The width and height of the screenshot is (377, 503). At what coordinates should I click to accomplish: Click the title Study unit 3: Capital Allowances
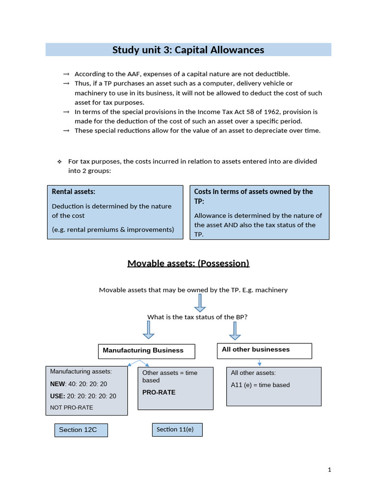coord(188,50)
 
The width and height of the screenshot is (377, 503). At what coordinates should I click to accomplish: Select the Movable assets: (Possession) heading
coord(188,263)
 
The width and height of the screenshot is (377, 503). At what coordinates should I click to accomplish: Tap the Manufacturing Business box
coord(147,351)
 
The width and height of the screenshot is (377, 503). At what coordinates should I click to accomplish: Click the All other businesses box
coord(264,351)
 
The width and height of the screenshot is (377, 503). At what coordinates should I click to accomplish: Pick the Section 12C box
coord(81,430)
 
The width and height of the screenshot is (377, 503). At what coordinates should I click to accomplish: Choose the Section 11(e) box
coord(177,430)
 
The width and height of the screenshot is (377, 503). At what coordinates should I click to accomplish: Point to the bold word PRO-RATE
coord(159,392)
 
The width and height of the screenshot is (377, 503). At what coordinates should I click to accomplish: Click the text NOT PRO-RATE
coord(71,407)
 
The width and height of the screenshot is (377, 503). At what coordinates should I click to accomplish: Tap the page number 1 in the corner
coord(329,470)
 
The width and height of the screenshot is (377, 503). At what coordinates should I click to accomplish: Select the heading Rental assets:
coord(74,192)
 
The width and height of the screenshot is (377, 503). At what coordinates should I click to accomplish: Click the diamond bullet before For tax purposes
coord(59,162)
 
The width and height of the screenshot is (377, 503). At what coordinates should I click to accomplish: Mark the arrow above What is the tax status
coord(200,303)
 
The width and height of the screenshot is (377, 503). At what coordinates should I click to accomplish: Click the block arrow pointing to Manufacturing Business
coord(149,331)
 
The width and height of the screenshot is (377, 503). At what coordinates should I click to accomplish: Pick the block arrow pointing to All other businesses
coord(235,331)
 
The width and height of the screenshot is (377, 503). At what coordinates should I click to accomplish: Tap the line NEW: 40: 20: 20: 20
coord(79,384)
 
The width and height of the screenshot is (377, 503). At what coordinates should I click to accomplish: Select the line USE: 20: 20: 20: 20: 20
coord(83,396)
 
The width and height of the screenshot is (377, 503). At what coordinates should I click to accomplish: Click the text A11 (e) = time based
coord(260,385)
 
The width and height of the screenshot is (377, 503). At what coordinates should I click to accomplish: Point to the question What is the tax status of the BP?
coord(197,317)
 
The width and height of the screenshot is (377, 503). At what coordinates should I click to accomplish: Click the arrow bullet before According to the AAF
coord(66,74)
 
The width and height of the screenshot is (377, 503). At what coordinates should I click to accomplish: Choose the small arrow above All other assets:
coord(259,363)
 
